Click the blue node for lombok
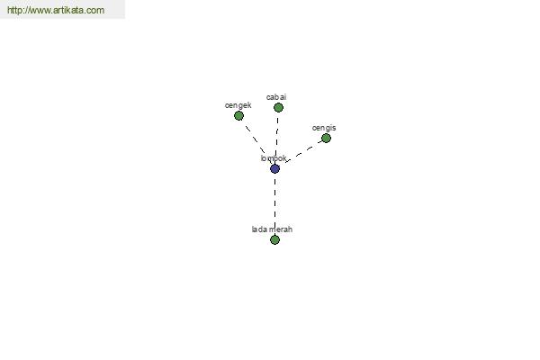[274, 168]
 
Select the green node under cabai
[278, 107]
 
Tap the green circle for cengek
[238, 115]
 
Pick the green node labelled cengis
[326, 138]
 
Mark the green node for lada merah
[274, 239]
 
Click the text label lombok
[274, 158]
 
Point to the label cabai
[276, 97]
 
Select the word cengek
[238, 105]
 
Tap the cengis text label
[324, 128]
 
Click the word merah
[281, 229]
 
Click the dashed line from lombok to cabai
[277, 138]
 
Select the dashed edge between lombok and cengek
[256, 142]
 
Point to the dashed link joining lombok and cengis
[302, 152]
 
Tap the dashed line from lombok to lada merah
[274, 204]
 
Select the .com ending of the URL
[96, 10]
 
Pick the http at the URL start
[14, 10]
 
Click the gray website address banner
[62, 9]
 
